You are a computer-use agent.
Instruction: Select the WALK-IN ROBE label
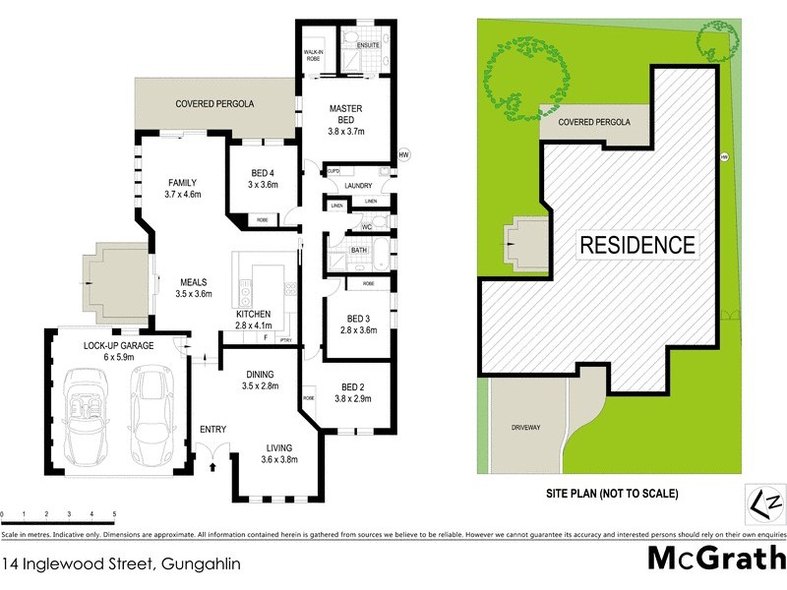coord(314,55)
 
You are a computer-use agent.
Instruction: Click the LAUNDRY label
coord(357,185)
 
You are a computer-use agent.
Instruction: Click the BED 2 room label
coord(352,386)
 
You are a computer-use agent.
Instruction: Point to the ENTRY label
coord(212,429)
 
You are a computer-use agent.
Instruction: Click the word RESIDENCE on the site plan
coord(636,244)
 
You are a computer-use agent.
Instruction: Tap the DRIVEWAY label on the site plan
coord(527,429)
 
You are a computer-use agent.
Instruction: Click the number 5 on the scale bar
coord(114,514)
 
